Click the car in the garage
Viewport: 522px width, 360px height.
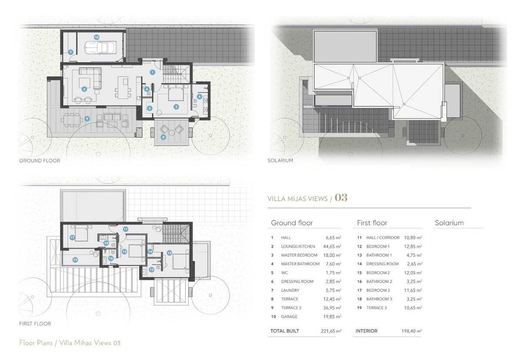click(x=100, y=48)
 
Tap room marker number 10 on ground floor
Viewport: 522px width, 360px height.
click(x=97, y=37)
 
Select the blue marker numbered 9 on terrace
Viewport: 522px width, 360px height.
click(x=87, y=119)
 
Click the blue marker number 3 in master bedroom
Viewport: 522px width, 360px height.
click(x=176, y=107)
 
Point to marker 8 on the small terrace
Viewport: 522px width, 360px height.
click(x=164, y=137)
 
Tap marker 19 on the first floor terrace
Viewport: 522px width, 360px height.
click(x=75, y=260)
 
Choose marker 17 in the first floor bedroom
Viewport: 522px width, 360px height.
click(x=72, y=237)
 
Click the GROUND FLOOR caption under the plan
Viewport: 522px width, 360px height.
click(x=40, y=161)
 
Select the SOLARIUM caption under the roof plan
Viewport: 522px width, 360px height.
click(x=280, y=160)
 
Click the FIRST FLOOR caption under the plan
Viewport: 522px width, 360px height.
click(x=35, y=323)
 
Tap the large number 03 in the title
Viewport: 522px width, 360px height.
click(x=341, y=198)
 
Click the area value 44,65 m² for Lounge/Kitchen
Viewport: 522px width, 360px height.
click(x=332, y=247)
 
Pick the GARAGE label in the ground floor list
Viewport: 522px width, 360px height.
click(x=289, y=317)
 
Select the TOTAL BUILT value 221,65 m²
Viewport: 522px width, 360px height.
click(x=331, y=331)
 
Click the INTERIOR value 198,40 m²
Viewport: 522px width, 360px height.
click(x=412, y=331)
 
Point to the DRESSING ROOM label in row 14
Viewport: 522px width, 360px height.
click(x=382, y=264)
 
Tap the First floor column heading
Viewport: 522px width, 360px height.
click(x=372, y=223)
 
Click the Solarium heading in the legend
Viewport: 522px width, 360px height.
click(x=449, y=223)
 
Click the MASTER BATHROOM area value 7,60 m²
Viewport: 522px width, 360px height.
click(x=334, y=264)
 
